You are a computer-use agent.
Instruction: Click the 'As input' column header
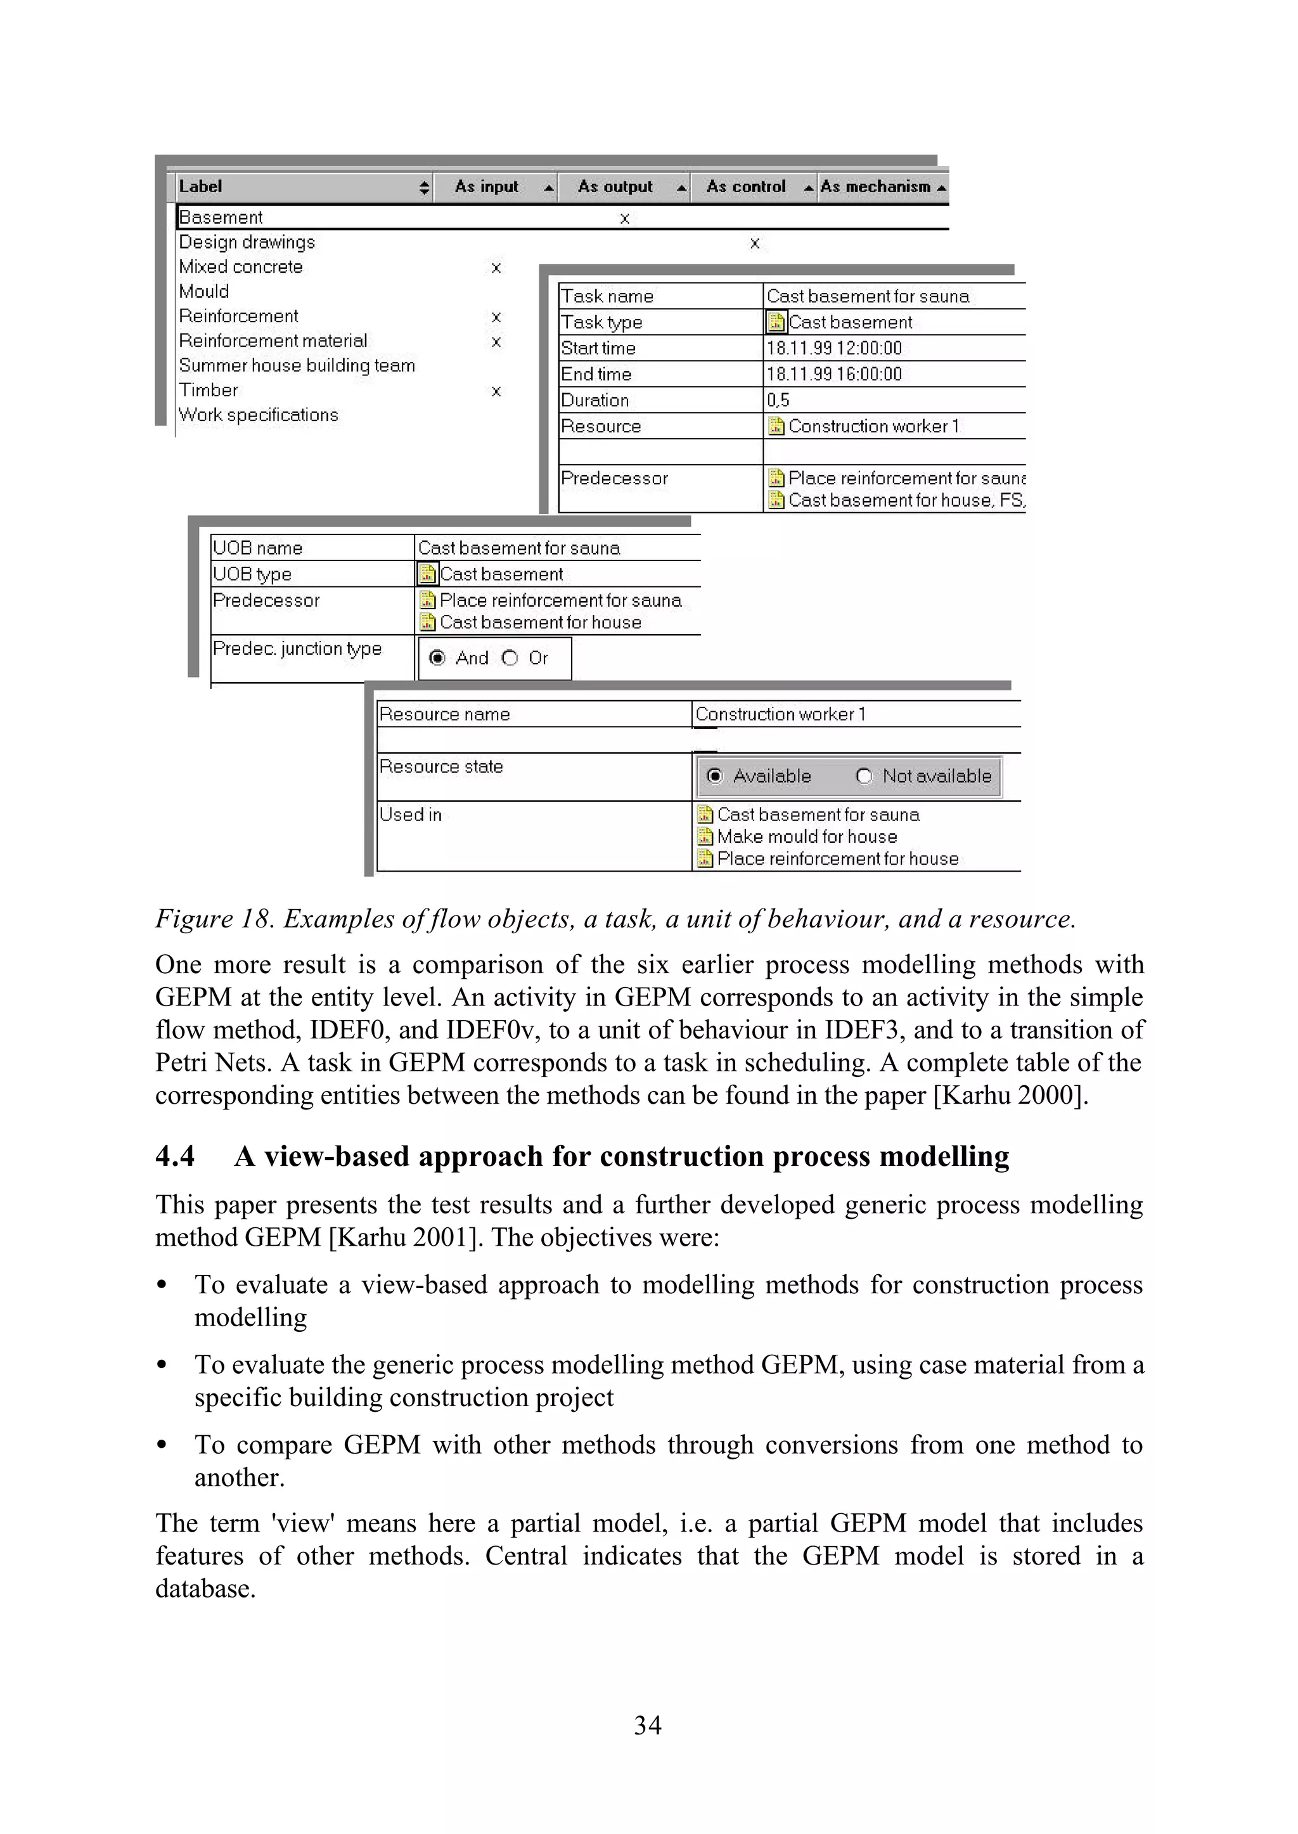point(487,187)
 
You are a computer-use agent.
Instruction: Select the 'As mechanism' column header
point(875,187)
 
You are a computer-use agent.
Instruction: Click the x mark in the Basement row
point(625,218)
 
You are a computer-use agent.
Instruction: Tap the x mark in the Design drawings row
point(754,243)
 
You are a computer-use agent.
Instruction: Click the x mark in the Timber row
point(496,391)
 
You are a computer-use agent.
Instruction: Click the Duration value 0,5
point(778,401)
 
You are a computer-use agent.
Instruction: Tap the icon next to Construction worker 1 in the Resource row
point(775,426)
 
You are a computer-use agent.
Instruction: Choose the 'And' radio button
point(437,658)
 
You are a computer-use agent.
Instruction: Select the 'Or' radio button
point(510,658)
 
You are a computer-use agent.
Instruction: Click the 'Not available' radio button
point(864,777)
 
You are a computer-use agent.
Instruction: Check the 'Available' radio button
point(716,777)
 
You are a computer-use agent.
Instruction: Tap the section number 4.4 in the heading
point(175,1157)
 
